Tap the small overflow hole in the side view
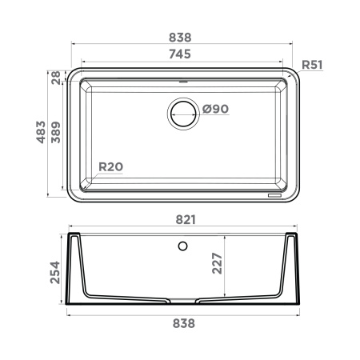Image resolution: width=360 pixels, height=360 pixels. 183,245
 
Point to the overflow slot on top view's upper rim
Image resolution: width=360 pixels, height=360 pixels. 183,80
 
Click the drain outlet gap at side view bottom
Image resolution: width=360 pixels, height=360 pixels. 183,301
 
